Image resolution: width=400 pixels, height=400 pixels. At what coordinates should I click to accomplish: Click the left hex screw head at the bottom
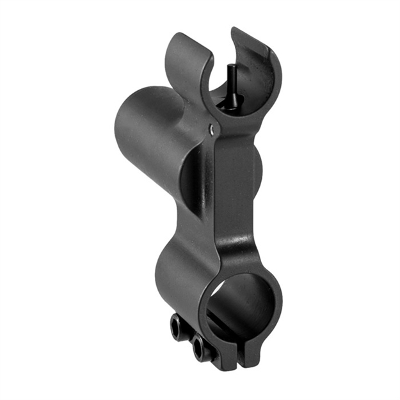click(178, 326)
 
